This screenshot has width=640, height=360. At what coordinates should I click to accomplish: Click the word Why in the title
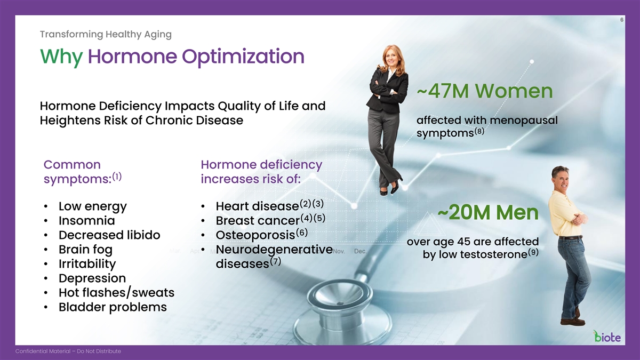click(61, 57)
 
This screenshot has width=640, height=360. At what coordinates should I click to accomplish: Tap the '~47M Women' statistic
click(485, 91)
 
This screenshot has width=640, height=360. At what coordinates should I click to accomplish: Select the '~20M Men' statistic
click(488, 213)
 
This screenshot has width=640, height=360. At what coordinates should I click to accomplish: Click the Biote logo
click(607, 337)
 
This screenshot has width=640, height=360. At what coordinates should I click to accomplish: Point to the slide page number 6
click(622, 20)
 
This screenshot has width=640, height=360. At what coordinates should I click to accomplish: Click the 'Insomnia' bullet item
click(87, 221)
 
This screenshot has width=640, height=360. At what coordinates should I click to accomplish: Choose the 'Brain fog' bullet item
click(85, 250)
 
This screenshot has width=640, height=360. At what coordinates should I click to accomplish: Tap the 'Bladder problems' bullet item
click(113, 307)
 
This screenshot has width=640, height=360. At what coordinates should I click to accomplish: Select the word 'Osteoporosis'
click(255, 235)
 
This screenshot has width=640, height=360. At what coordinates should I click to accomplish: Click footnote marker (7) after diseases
click(275, 261)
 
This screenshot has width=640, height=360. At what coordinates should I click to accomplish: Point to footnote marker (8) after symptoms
click(479, 131)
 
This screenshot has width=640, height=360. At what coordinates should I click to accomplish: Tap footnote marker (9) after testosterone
click(533, 252)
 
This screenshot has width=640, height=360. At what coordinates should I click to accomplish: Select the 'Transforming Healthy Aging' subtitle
click(106, 34)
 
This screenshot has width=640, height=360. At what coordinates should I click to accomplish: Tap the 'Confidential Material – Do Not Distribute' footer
click(68, 351)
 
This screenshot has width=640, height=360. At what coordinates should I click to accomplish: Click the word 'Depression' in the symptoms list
click(92, 278)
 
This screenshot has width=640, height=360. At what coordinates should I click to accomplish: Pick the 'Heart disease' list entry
click(257, 206)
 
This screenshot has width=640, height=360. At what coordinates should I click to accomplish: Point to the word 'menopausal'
click(524, 121)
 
